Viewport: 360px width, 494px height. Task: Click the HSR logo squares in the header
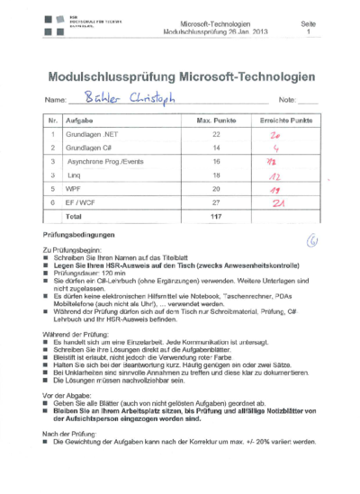52,24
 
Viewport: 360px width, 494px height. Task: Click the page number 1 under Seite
309,31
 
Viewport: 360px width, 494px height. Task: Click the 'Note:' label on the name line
289,100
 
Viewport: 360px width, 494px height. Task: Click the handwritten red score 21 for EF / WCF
280,203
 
